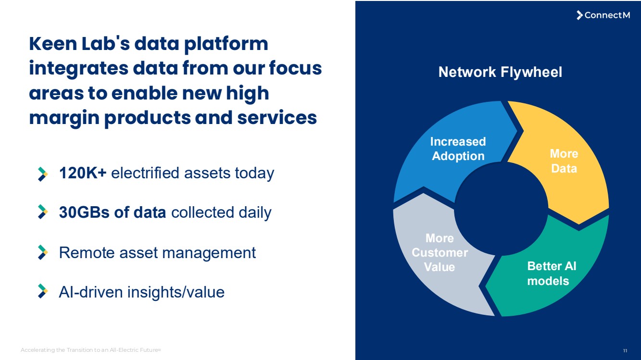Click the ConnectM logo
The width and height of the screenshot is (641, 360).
[x=603, y=15]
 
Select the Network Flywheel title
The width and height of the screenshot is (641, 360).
[x=500, y=72]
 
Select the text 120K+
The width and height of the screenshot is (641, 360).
[x=82, y=173]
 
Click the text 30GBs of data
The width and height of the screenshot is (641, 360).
[x=113, y=212]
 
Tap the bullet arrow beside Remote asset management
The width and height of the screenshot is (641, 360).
[x=43, y=252]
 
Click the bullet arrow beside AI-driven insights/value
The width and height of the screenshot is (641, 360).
[x=43, y=292]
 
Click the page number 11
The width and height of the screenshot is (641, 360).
[x=625, y=350]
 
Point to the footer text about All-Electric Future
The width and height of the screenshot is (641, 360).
[x=91, y=350]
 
